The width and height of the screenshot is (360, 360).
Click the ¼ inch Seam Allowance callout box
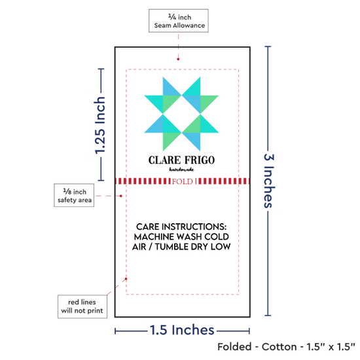[x=179, y=21]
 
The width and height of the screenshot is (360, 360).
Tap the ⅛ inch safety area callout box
[x=74, y=195]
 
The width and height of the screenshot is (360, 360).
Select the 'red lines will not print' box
[x=82, y=306]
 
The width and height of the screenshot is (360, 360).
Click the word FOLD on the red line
[x=183, y=181]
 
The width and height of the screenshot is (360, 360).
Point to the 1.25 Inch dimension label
[x=100, y=125]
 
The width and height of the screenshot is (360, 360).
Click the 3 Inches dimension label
[x=269, y=181]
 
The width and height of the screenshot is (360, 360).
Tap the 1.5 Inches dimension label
[x=182, y=330]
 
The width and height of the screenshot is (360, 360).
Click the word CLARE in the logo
[x=164, y=160]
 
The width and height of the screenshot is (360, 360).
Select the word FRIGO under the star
[x=200, y=160]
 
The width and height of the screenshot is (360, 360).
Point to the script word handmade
[x=181, y=170]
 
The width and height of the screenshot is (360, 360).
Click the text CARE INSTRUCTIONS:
[x=181, y=226]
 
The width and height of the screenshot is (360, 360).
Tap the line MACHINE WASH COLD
[x=181, y=237]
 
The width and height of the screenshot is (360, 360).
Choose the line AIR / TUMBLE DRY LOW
[x=181, y=247]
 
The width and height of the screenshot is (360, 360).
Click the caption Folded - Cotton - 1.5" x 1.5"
[x=286, y=347]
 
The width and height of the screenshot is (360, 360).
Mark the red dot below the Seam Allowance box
[x=178, y=59]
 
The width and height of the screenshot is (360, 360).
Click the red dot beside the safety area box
[x=121, y=196]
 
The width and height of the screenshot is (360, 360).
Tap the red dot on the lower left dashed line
[x=126, y=279]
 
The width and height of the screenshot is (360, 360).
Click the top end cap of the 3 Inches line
[x=268, y=46]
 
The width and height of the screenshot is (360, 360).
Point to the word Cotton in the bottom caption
[x=279, y=347]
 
